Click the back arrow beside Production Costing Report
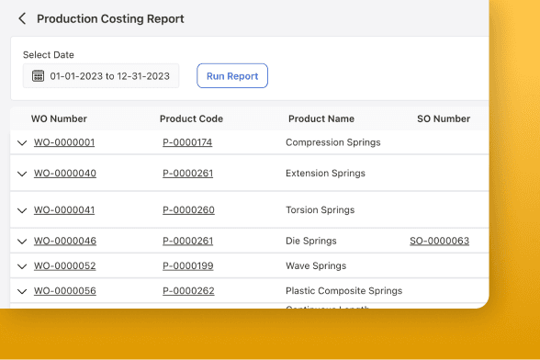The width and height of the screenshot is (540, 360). [x=22, y=18]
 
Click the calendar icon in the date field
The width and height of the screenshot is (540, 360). [x=39, y=76]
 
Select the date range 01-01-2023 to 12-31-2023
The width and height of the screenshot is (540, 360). [x=108, y=76]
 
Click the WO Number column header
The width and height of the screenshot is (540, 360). [x=59, y=118]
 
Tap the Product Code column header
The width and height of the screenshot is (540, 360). [x=191, y=118]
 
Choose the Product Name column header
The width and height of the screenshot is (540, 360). [x=321, y=118]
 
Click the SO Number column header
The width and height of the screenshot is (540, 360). [x=444, y=118]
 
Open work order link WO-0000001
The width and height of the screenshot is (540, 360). [x=64, y=142]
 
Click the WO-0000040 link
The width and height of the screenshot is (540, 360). [x=65, y=173]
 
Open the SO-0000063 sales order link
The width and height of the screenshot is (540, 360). [x=439, y=241]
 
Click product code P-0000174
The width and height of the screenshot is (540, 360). [x=187, y=142]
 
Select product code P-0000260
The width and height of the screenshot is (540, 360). [x=188, y=209]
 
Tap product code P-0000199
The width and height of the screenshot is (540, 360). [x=188, y=265]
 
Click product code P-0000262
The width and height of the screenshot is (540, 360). [x=188, y=290]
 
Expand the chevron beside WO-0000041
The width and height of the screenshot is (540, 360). [x=22, y=210]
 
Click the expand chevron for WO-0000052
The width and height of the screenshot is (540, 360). [x=22, y=266]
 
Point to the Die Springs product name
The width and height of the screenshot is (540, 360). [x=311, y=241]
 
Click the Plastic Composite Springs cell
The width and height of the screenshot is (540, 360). [x=343, y=290]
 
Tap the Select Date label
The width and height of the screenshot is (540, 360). [x=49, y=55]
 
